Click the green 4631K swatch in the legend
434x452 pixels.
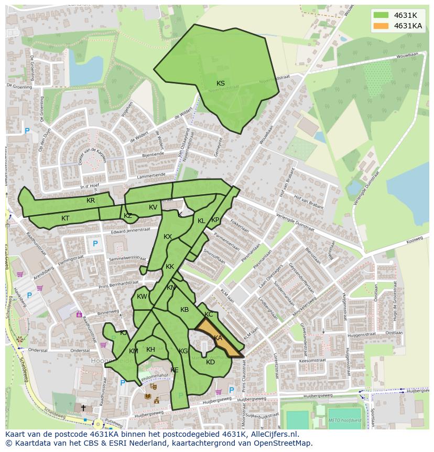point(381,15)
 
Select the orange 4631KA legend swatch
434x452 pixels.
point(381,26)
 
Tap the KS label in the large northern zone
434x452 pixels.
point(221,83)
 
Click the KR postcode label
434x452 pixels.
point(91,201)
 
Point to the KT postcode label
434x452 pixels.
point(65,218)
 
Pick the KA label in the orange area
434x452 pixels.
point(218,338)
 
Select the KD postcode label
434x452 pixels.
point(210,362)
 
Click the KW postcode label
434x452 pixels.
point(142,297)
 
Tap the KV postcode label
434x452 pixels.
point(153,207)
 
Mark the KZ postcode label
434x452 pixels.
point(128,216)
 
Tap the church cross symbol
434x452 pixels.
point(83,407)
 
